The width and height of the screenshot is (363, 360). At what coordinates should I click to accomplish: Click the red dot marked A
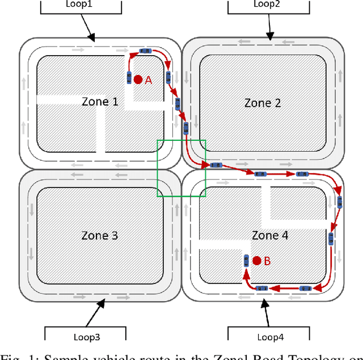[x=138, y=79]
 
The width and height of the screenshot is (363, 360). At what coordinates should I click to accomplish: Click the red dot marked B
[x=257, y=261]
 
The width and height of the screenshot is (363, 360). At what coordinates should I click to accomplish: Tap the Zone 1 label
[x=100, y=102]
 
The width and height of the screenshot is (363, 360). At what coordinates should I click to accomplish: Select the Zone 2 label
[x=263, y=103]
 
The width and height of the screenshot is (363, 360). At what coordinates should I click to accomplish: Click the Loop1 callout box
[x=82, y=6]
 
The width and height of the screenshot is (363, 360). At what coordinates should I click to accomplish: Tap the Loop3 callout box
[x=85, y=335]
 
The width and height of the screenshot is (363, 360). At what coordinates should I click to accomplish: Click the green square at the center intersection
[x=181, y=168]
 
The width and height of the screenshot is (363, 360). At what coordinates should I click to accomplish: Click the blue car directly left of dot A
[x=129, y=78]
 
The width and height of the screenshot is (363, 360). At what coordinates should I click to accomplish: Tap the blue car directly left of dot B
[x=246, y=261]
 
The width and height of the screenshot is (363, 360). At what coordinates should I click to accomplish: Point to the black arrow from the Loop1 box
[x=88, y=27]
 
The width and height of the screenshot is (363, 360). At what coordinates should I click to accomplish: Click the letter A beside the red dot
[x=149, y=80]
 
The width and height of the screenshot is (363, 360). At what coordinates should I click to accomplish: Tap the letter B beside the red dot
[x=267, y=261]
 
